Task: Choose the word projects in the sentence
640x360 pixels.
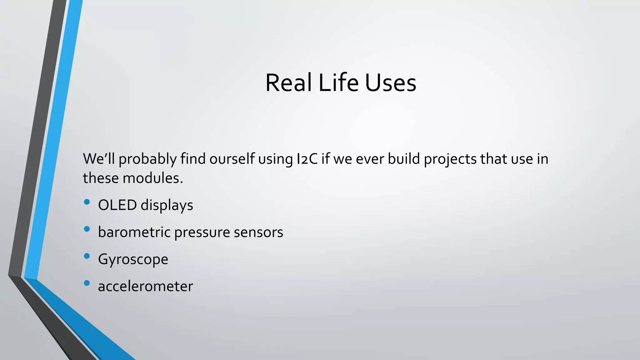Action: pos(450,159)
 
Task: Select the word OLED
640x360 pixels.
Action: pos(117,205)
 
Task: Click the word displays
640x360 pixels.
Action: pos(167,206)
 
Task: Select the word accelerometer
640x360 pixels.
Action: pos(146,286)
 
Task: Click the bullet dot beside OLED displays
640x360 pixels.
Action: pos(87,202)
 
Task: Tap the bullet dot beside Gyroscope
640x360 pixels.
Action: pos(87,256)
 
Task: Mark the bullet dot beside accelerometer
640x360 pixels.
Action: pos(87,283)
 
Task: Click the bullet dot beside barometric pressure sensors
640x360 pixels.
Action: pos(87,229)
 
